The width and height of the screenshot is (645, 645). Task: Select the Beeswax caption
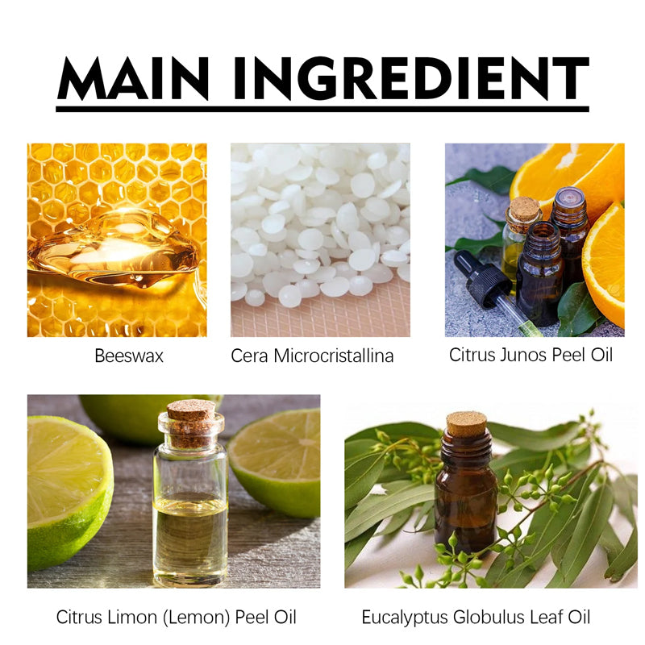pos(129,356)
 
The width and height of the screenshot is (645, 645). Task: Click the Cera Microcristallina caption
pos(312,356)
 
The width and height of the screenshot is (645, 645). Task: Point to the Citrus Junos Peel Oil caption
pos(531,355)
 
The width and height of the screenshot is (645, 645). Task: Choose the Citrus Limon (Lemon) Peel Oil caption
pos(176,618)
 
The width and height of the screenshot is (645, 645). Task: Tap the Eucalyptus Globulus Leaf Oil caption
pos(476,618)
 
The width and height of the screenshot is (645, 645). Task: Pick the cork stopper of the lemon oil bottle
pos(191,412)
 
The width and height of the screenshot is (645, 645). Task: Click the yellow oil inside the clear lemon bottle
pos(190,532)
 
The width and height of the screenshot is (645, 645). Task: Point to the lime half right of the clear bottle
pos(278,460)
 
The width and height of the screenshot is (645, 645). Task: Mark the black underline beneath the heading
pos(322,108)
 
